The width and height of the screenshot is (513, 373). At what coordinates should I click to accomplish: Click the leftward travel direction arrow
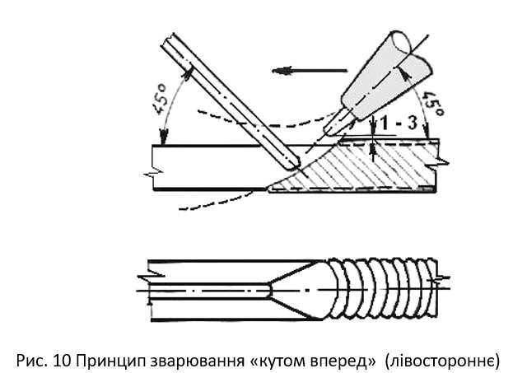[x=296, y=71]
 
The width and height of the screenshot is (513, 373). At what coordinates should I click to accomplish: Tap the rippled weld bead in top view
[x=383, y=289]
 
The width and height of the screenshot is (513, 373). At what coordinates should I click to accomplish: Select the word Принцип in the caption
[x=92, y=359]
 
